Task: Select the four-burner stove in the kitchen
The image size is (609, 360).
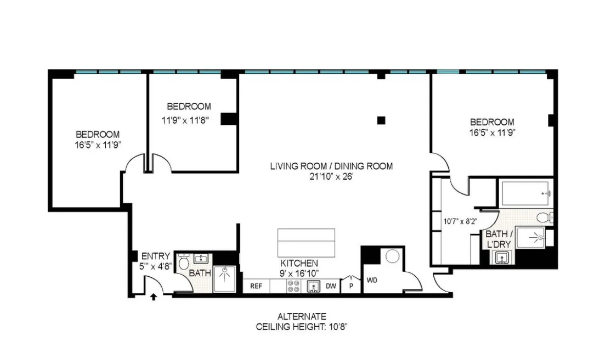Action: click(x=294, y=287)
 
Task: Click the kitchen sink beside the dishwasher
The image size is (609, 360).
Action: click(x=312, y=287)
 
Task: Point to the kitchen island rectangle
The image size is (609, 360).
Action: click(x=306, y=242)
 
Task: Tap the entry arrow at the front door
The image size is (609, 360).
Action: click(x=153, y=296)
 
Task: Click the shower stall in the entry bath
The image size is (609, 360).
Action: click(x=224, y=278)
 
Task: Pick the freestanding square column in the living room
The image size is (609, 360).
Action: click(x=380, y=121)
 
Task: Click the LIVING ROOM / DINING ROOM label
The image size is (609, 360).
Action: click(x=332, y=166)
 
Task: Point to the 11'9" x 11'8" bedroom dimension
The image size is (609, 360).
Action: click(x=188, y=119)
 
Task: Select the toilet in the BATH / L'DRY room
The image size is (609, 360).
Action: click(x=545, y=217)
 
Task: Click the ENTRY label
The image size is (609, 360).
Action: click(x=155, y=256)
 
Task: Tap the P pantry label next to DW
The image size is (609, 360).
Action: click(x=352, y=286)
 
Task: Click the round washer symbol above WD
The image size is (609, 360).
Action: click(x=393, y=256)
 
